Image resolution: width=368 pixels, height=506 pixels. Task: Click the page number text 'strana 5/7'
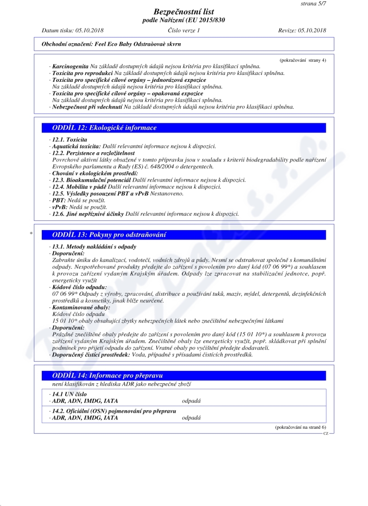pos(313,4)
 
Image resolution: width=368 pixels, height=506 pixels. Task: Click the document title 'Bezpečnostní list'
pos(184,11)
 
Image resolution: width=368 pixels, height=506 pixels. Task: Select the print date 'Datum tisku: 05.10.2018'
pos(73,30)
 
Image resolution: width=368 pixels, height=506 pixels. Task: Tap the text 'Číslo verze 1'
pos(184,30)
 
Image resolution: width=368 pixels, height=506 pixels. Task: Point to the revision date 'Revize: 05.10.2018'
pos(302,30)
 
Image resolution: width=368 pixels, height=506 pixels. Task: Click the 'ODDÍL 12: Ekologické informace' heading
pos(104,128)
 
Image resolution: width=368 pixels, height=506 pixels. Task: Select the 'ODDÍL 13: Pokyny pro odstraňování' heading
pos(109,235)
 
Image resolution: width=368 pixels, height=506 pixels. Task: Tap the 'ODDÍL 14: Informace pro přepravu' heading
pos(108,375)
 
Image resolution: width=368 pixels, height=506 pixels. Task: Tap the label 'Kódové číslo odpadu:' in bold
pos(80,287)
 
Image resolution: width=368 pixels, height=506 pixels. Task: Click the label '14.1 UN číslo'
pos(69,394)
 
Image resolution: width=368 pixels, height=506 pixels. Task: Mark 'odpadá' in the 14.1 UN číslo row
pos(191,401)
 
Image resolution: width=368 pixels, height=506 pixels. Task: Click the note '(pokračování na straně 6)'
pos(300,427)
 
